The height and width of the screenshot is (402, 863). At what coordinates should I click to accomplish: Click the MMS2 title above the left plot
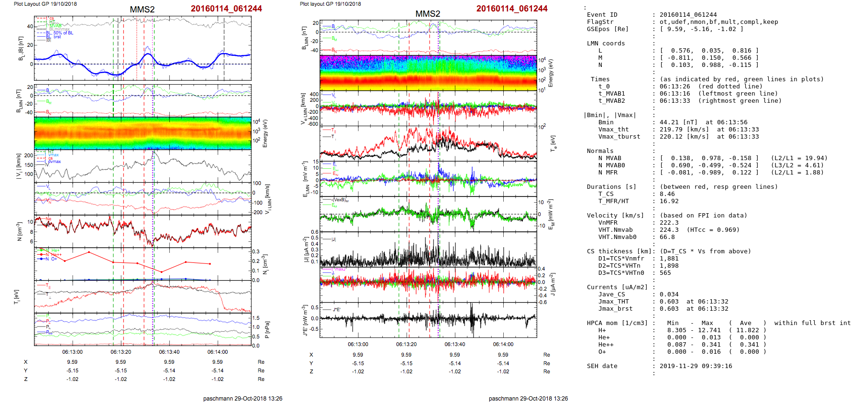tap(142, 10)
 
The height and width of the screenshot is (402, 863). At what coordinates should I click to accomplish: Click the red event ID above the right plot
tap(511, 9)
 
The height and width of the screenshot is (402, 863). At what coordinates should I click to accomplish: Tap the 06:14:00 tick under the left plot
tap(218, 352)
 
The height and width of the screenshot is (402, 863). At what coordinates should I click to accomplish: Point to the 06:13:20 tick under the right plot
tap(406, 344)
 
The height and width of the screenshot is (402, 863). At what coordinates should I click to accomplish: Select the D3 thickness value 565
tap(665, 273)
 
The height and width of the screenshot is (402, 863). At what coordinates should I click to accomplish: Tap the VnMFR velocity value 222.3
tap(669, 223)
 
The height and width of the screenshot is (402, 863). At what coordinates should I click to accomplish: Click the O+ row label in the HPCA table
tap(602, 352)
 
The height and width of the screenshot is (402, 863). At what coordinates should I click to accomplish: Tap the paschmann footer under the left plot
tap(243, 398)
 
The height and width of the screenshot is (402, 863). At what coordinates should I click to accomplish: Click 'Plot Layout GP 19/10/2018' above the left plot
tap(45, 4)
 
